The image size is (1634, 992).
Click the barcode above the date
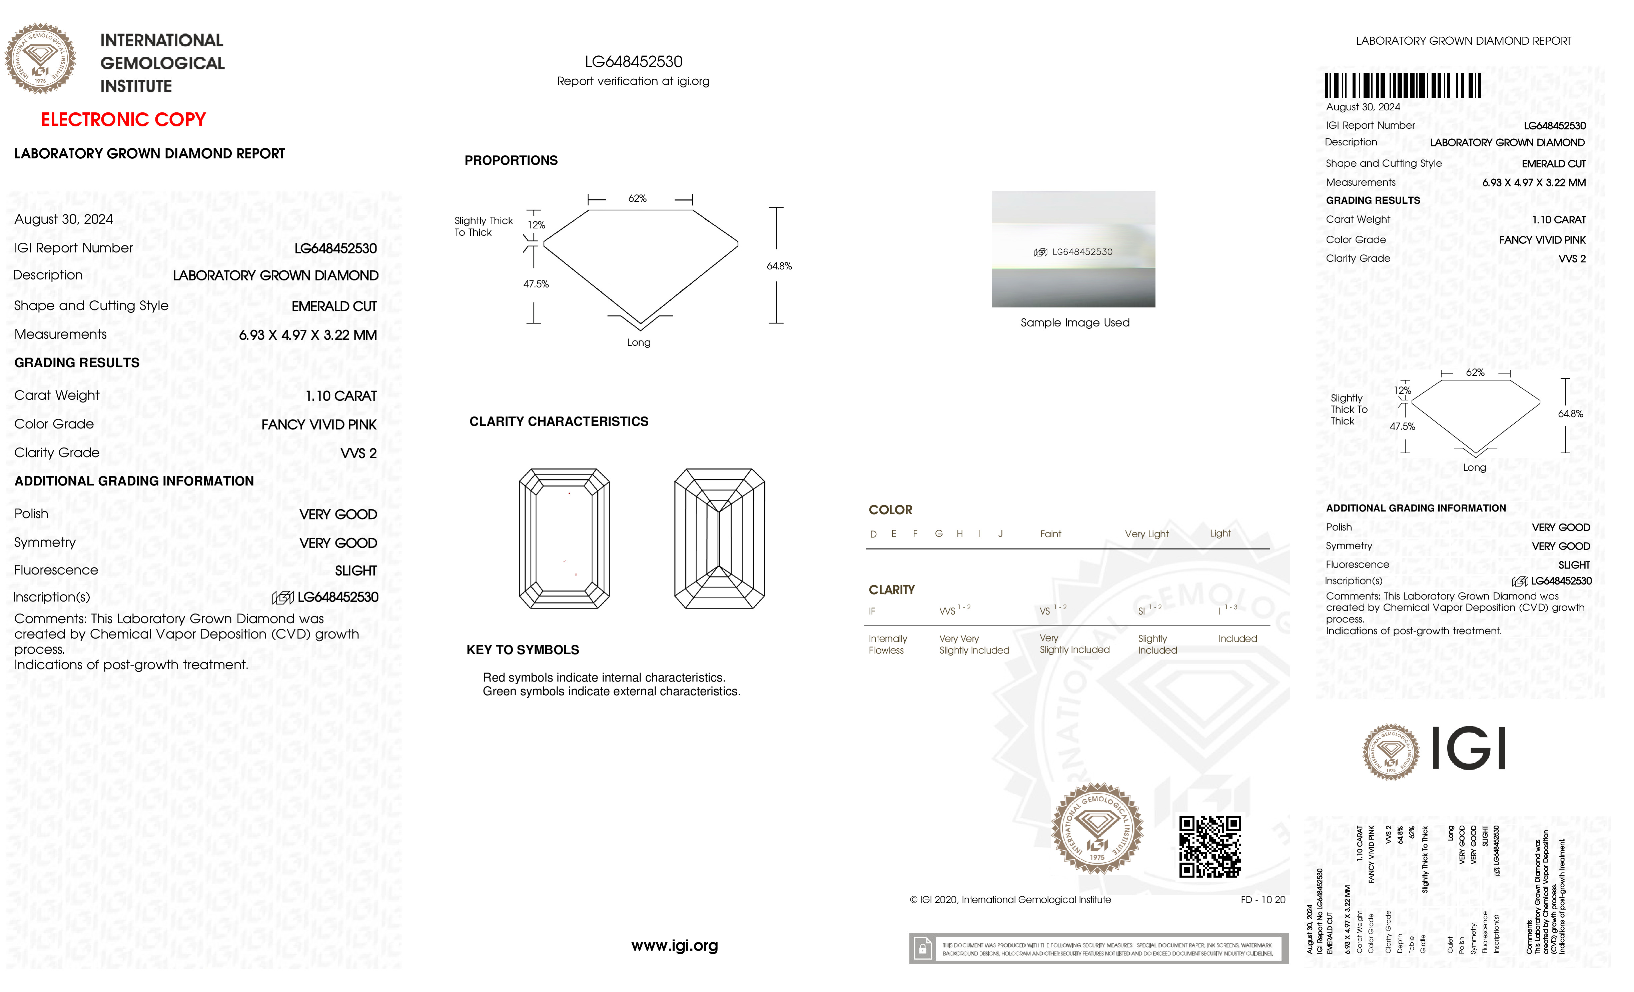[1403, 86]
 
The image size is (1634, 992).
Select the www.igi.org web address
[674, 946]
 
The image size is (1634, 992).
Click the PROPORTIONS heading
[511, 160]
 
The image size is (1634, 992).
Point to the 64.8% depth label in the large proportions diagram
[779, 266]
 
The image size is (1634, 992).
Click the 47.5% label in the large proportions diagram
[536, 284]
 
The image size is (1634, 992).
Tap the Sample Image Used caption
[1074, 323]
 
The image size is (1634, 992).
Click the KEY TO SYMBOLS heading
[523, 650]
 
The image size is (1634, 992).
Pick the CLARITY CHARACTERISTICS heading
[558, 422]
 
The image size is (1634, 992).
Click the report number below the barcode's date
[1554, 125]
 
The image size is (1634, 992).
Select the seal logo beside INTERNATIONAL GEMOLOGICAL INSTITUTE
[40, 58]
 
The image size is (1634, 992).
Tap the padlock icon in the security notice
[922, 949]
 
